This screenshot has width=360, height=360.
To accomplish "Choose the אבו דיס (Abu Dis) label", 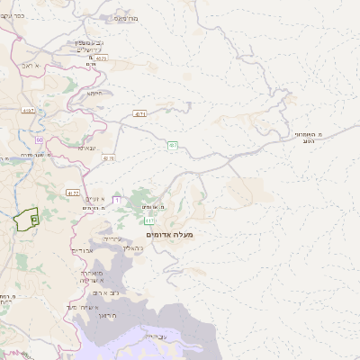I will [82, 251].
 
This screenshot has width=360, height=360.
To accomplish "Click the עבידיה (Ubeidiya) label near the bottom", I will [156, 337].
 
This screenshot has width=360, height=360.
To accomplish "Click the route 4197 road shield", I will [29, 110].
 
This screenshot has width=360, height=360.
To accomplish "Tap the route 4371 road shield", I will [139, 114].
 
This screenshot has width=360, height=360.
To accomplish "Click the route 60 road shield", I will [40, 139].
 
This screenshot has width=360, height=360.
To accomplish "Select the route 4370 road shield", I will [109, 157].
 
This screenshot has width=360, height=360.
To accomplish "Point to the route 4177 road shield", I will [73, 193].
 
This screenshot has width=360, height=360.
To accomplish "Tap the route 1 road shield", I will [117, 199].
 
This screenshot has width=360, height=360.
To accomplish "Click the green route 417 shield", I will [149, 220].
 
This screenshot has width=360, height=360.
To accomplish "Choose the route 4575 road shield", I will [100, 58].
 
